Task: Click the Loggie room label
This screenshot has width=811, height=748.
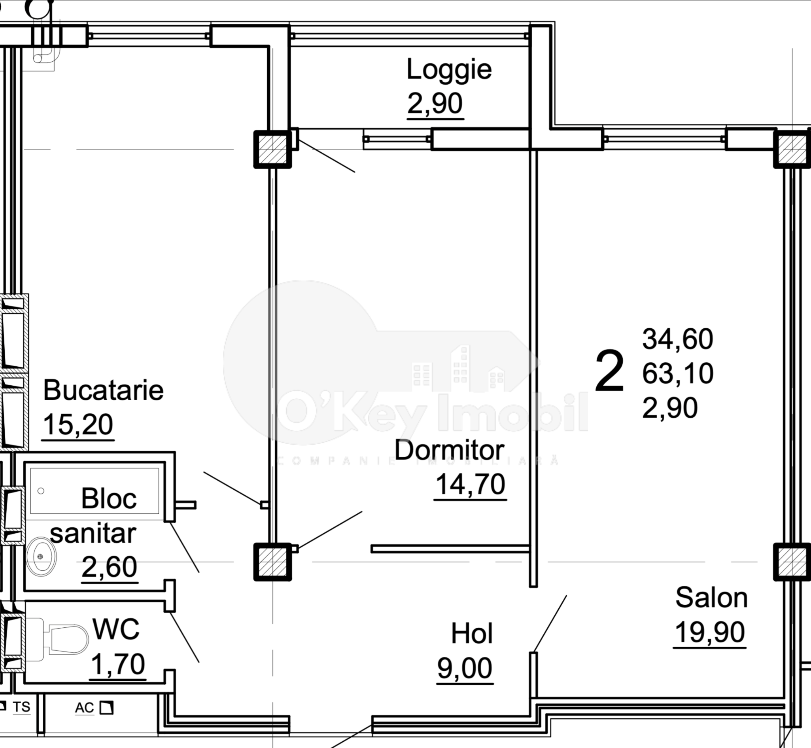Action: (449, 70)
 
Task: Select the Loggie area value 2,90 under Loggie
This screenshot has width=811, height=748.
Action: (435, 104)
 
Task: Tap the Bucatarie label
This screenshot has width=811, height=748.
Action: (103, 390)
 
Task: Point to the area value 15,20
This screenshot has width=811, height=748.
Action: (78, 425)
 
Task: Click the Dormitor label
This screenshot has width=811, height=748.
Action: (449, 450)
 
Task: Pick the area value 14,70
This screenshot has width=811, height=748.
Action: (470, 485)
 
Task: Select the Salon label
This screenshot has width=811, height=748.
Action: (711, 597)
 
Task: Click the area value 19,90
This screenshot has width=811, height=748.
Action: (709, 632)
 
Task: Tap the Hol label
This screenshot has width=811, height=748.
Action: (472, 634)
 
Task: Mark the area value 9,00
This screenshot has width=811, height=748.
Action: (465, 668)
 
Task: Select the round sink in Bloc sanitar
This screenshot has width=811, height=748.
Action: (40, 557)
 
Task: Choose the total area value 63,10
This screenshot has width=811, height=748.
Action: (677, 373)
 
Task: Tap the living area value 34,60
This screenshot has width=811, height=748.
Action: (677, 339)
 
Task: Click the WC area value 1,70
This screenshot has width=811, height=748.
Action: (118, 664)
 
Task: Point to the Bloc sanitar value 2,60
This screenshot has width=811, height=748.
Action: (109, 567)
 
